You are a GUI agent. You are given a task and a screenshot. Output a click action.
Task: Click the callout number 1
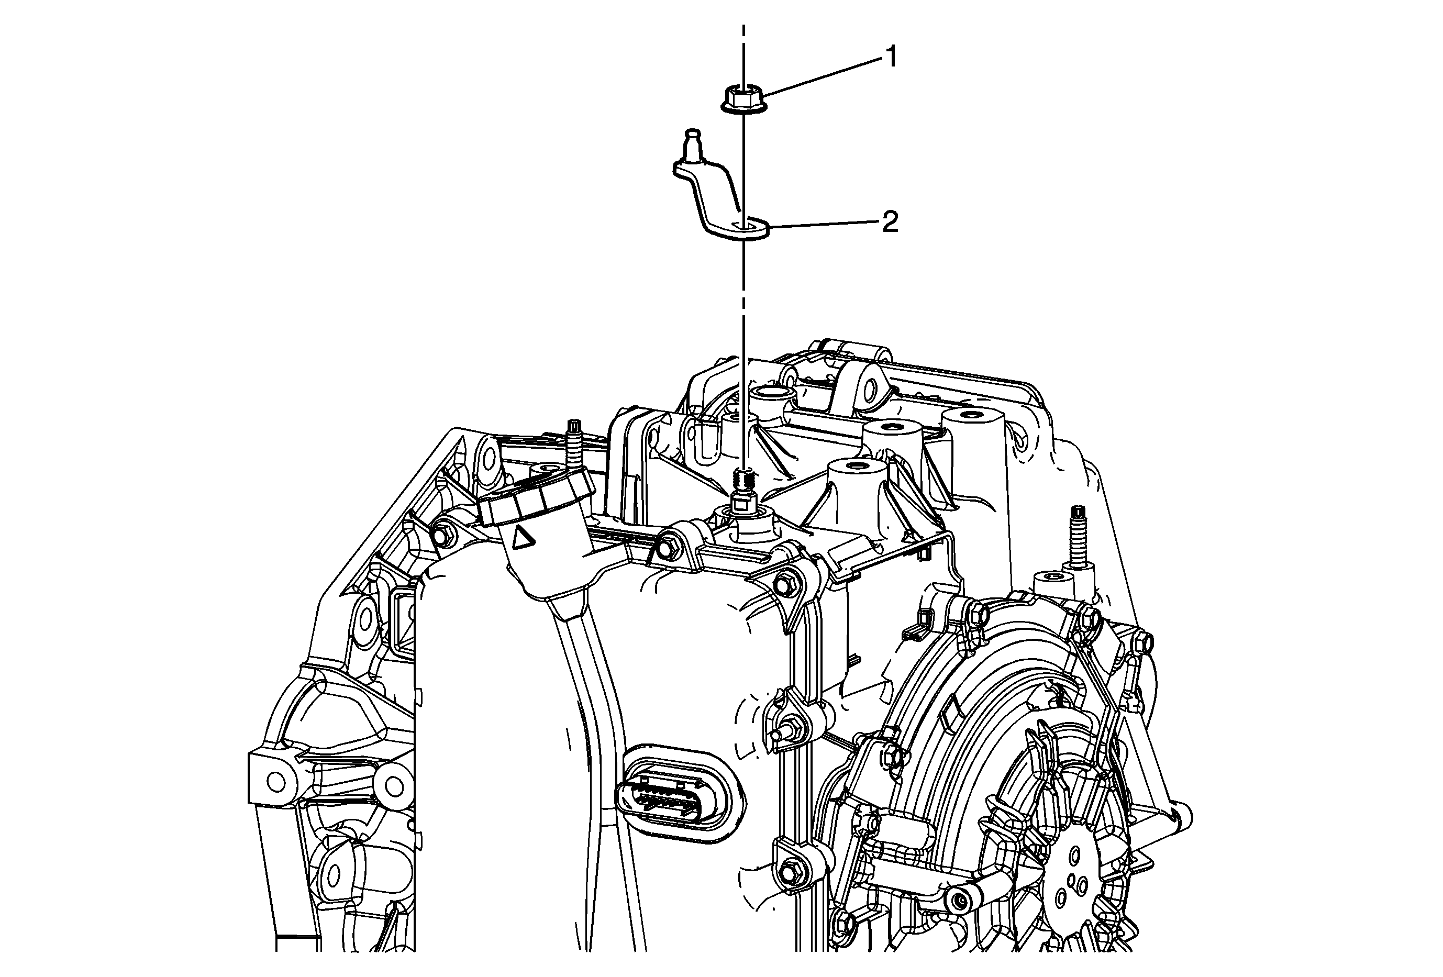[x=891, y=58]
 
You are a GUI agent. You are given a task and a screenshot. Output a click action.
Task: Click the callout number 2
[x=891, y=222]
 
